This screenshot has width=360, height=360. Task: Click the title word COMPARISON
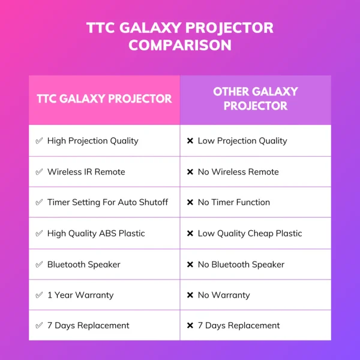[x=179, y=45]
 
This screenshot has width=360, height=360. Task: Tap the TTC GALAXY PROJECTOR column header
[x=104, y=99]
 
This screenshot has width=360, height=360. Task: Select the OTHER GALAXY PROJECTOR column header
[x=256, y=99]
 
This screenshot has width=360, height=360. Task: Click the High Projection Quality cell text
[x=93, y=141]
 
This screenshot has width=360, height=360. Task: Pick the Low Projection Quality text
[x=242, y=141]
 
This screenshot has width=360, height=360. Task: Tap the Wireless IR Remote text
[x=86, y=172]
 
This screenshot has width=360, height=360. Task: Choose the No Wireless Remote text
[x=238, y=172]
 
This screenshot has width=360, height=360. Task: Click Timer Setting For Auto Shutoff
[x=108, y=202]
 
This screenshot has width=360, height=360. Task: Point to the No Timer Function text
[x=234, y=202]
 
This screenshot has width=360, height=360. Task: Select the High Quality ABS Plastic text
[x=96, y=233]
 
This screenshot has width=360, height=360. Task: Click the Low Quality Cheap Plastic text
[x=250, y=233]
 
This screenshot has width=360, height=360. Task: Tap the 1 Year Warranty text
[x=80, y=295]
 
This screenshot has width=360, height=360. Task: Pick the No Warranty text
[x=224, y=295]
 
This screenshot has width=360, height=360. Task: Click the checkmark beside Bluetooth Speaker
[x=39, y=265]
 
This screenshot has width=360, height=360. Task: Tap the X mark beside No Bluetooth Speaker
[x=190, y=265]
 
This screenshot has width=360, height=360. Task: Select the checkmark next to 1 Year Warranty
[x=39, y=295]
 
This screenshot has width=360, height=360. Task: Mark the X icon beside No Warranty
[x=190, y=295]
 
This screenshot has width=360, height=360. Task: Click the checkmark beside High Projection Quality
[x=39, y=141]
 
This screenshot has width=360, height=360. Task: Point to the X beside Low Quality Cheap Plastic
[x=190, y=233]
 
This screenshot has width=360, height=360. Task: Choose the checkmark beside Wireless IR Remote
[x=39, y=172]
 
